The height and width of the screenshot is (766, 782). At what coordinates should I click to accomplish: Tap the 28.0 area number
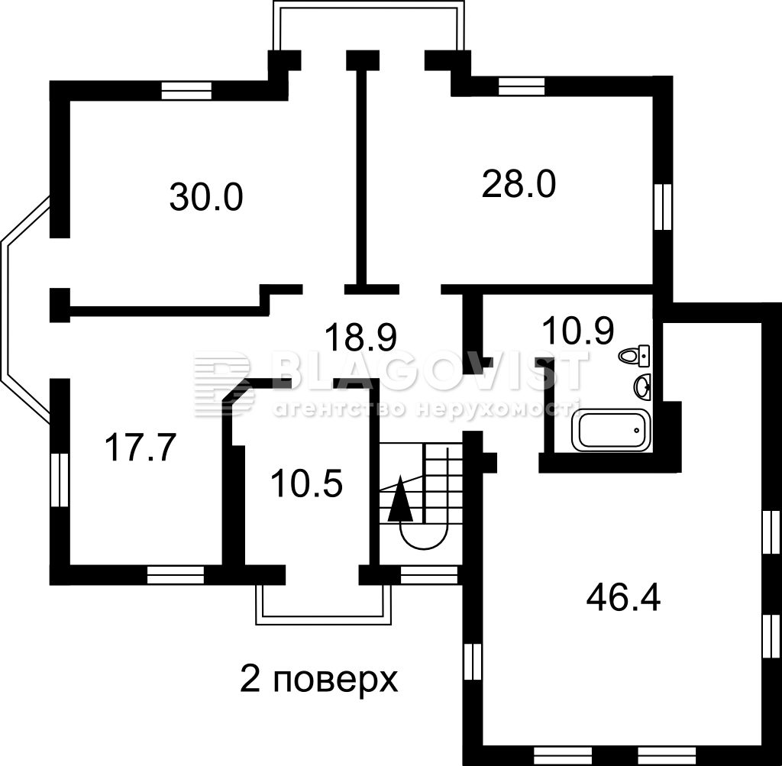click(519, 185)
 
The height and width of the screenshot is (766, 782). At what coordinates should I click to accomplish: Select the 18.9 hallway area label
click(360, 337)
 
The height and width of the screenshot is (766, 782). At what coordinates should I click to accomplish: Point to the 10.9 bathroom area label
click(577, 331)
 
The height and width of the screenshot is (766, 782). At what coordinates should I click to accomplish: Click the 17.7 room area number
click(141, 448)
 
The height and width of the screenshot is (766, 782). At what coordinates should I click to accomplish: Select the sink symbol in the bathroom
click(642, 386)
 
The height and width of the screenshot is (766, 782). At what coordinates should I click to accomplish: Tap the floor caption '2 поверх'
click(319, 679)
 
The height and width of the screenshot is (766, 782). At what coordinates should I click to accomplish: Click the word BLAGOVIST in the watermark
click(430, 370)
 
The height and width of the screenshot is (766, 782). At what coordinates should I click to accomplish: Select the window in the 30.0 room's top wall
click(186, 91)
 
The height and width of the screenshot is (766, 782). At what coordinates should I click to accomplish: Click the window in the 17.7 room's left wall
click(60, 480)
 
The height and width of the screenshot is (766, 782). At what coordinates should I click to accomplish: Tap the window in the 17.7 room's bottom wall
click(176, 574)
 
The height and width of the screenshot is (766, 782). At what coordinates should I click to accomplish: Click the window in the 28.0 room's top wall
click(522, 86)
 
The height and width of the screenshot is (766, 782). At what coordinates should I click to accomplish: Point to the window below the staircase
click(429, 575)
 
